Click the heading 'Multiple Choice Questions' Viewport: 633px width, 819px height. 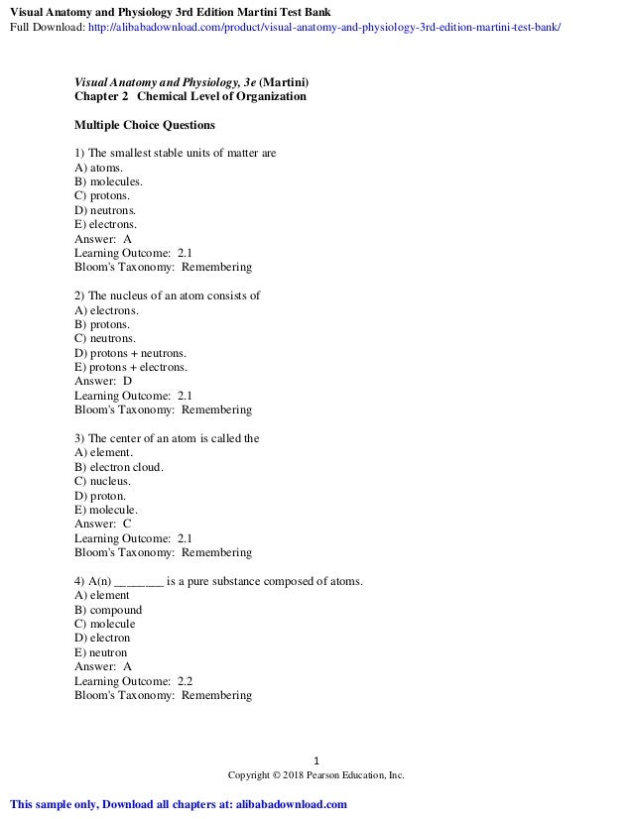tap(145, 126)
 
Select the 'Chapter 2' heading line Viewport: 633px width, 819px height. tap(190, 97)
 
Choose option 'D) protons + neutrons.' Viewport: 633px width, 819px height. tap(130, 353)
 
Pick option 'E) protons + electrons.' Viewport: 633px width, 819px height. tap(131, 367)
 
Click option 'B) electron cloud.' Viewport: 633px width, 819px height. tap(119, 467)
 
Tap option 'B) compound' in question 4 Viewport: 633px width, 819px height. tap(108, 610)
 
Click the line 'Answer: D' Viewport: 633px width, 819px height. tap(103, 382)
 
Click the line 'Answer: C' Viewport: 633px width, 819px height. tap(103, 524)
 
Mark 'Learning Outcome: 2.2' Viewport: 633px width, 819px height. tap(134, 681)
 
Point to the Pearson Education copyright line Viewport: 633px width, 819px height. tap(316, 774)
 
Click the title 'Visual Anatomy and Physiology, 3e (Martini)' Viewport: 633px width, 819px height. tap(191, 82)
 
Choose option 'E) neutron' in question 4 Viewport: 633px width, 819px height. tap(101, 652)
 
